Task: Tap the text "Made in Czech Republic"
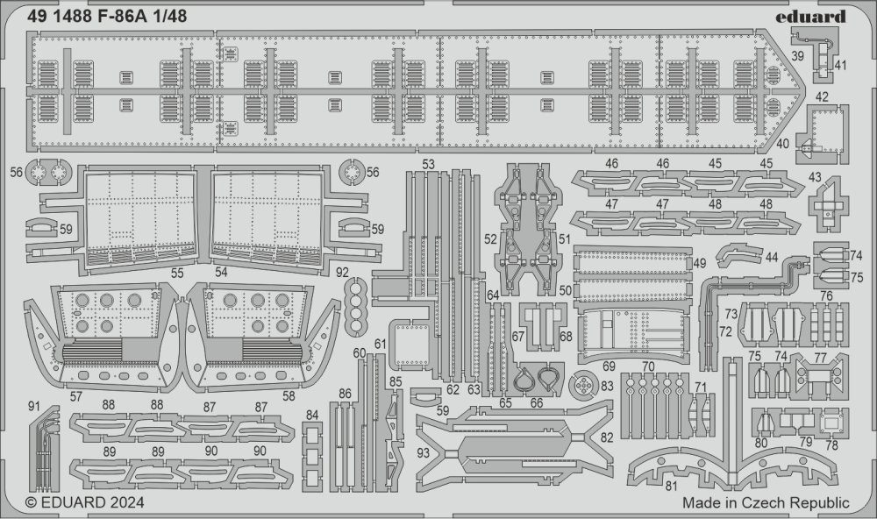pyautogui.click(x=766, y=502)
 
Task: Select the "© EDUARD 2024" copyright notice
pyautogui.click(x=85, y=502)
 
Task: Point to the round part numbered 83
pyautogui.click(x=583, y=386)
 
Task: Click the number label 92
pyautogui.click(x=342, y=273)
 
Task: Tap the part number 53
pyautogui.click(x=429, y=165)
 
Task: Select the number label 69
pyautogui.click(x=610, y=366)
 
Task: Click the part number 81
pyautogui.click(x=672, y=486)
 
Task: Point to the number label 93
pyautogui.click(x=424, y=451)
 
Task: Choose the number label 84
pyautogui.click(x=311, y=415)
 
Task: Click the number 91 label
pyautogui.click(x=34, y=405)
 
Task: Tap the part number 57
pyautogui.click(x=76, y=396)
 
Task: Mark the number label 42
pyautogui.click(x=822, y=96)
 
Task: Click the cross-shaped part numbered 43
pyautogui.click(x=829, y=204)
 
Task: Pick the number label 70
pyautogui.click(x=648, y=366)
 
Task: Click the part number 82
pyautogui.click(x=607, y=437)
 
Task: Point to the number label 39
pyautogui.click(x=798, y=56)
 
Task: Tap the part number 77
pyautogui.click(x=821, y=358)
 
